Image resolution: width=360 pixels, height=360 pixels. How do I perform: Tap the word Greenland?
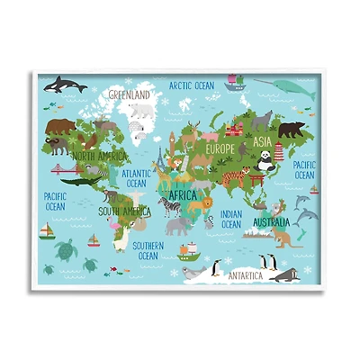pos(129,93)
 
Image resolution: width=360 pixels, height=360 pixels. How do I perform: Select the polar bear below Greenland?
pos(141,111)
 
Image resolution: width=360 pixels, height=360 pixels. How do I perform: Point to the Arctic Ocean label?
pos(192,85)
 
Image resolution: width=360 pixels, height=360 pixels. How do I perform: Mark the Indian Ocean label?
pos(232,219)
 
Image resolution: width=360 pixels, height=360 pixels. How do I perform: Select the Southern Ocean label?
pos(148,250)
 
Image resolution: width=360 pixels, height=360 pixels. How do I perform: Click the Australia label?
pos(271,221)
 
